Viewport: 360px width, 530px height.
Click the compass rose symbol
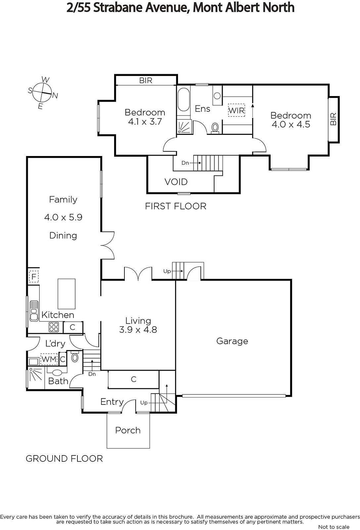42,92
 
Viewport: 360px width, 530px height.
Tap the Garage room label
232,341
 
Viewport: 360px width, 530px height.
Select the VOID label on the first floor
176,182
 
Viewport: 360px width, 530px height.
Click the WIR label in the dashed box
236,110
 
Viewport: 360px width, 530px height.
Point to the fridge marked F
34,276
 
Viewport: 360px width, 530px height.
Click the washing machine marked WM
49,359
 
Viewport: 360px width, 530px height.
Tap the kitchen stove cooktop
54,327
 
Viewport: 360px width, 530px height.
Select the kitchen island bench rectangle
67,293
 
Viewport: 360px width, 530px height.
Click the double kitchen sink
34,311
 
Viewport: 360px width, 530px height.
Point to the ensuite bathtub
184,100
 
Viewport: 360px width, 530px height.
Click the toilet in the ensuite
215,128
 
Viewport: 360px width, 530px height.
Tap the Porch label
128,430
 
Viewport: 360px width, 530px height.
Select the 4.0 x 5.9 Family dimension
63,217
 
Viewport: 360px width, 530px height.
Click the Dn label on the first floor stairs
185,163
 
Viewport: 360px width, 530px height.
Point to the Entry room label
112,402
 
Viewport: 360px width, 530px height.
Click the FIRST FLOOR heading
176,206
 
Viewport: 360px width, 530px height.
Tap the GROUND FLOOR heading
64,458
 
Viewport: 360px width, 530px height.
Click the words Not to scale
334,527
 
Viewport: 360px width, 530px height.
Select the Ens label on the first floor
202,109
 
